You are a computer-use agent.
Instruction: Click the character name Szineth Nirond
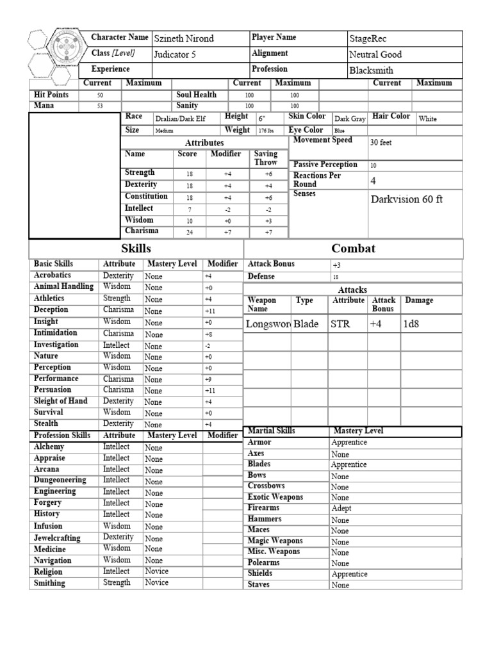tap(184, 39)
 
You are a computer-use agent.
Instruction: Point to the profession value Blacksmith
tap(371, 70)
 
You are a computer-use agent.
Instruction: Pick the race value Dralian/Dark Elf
tap(179, 119)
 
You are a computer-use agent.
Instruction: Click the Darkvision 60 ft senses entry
tap(407, 199)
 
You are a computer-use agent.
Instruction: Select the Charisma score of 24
tap(190, 233)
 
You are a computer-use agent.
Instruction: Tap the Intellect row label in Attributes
tap(139, 208)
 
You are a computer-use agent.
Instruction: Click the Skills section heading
tap(136, 249)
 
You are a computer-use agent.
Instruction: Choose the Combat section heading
tap(353, 249)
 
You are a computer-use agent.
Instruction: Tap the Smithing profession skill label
tap(49, 584)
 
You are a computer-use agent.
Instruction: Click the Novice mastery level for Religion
tap(157, 571)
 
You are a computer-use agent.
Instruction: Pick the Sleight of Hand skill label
tap(61, 401)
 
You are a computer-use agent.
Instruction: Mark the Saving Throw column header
tap(266, 158)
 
